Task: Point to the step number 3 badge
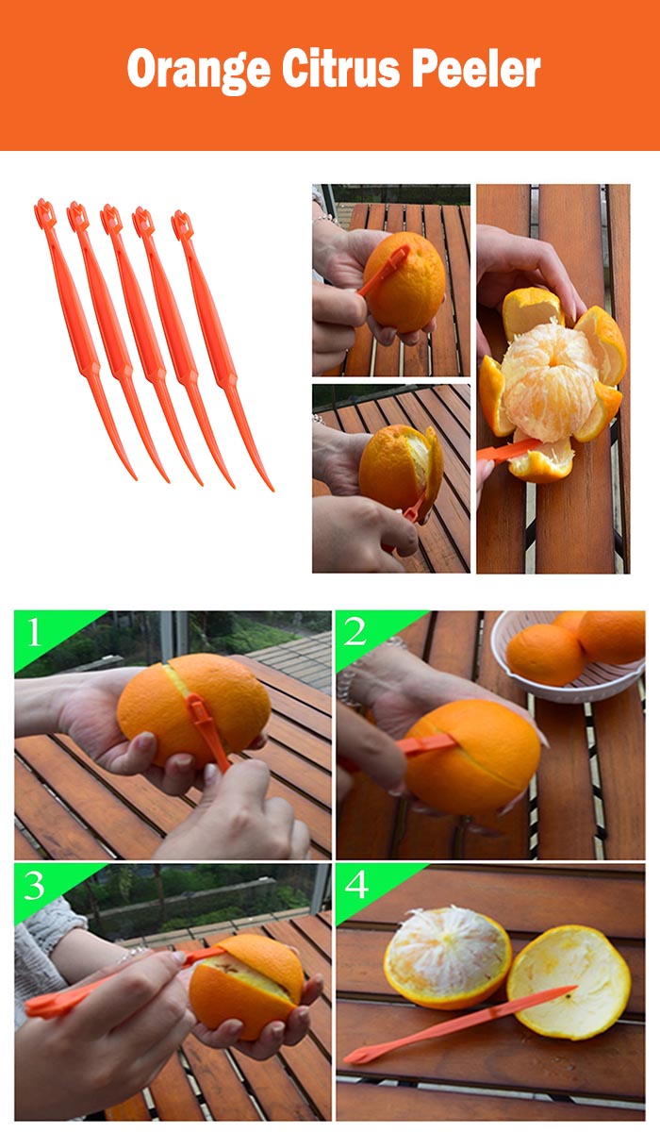pyautogui.click(x=35, y=886)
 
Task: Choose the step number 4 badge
pyautogui.click(x=355, y=886)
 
